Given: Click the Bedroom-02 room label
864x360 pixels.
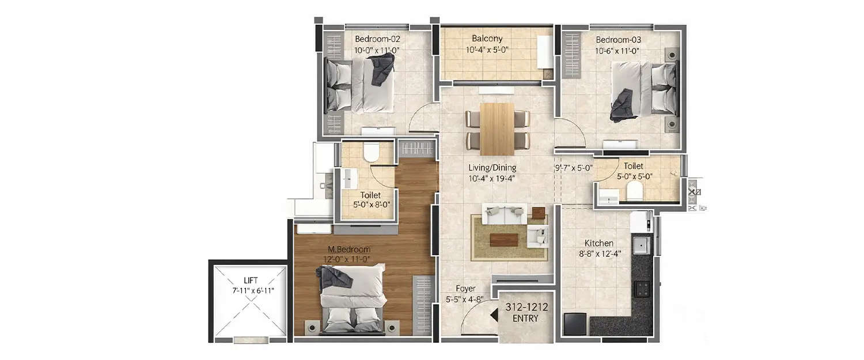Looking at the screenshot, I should pos(377,40).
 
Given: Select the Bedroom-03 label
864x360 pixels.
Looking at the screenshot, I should pos(618,40).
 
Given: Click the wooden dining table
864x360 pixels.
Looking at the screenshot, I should pos(497,125).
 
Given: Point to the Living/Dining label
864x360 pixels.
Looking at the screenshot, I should pos(492,168).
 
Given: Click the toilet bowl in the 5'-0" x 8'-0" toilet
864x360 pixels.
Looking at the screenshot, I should pos(372,153).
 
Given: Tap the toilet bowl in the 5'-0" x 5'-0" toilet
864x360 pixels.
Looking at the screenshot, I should pos(634,192).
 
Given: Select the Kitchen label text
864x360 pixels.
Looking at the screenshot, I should pos(599,243).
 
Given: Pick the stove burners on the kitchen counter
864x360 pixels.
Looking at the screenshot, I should pos(642,287).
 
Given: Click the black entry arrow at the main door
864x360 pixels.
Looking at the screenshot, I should pos(493,315).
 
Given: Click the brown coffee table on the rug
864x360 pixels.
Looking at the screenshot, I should pos(507,238).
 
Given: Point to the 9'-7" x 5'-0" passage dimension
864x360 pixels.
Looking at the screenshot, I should pos(573,169).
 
